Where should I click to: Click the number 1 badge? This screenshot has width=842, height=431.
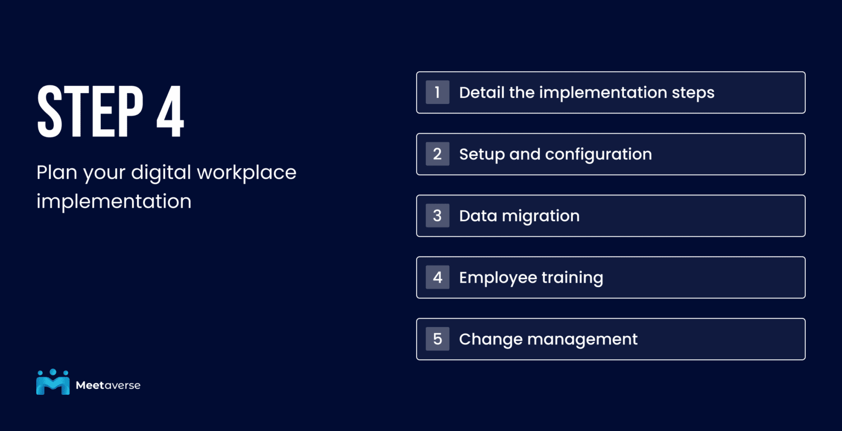coord(437,93)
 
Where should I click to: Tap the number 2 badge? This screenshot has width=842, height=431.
coord(437,154)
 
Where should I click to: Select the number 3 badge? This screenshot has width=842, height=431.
coord(437,216)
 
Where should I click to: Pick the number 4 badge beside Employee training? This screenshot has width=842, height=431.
coord(437,278)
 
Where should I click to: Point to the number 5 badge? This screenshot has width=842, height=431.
coord(437,339)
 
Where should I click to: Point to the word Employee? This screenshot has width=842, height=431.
coord(498,278)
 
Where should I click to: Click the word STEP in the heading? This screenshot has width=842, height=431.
coord(90,112)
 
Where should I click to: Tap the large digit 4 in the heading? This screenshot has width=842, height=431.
coord(170,112)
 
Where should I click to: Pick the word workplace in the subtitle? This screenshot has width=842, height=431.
coord(246,173)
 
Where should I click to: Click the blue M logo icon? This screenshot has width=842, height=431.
coord(53,382)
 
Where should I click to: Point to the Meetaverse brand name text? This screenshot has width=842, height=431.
coord(108,386)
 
